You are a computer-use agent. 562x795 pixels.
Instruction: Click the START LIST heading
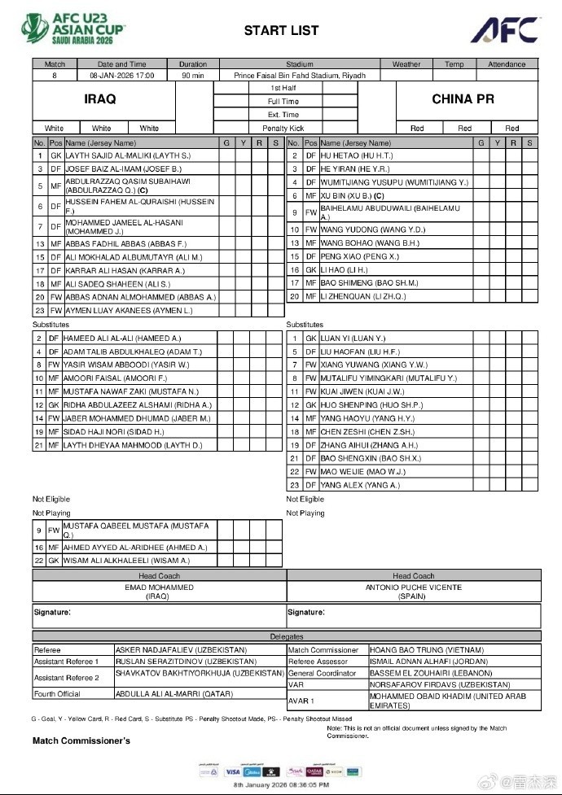[x=281, y=31]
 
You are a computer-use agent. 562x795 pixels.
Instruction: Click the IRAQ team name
[x=100, y=98]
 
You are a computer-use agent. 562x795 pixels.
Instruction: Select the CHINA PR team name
[x=463, y=98]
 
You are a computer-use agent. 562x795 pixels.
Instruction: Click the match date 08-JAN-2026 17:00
[x=121, y=75]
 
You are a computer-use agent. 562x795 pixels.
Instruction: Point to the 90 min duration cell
[x=192, y=75]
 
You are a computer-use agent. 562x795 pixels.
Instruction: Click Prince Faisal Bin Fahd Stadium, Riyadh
[x=300, y=75]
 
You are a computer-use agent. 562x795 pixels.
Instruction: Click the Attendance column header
[x=507, y=64]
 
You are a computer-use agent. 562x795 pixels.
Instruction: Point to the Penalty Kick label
[x=283, y=129]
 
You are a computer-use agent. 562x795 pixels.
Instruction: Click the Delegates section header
[x=286, y=636]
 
